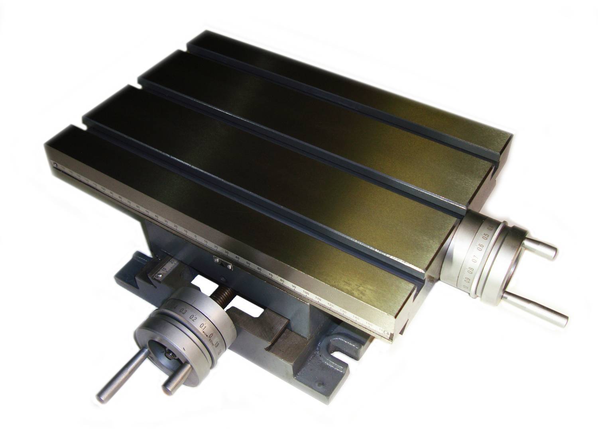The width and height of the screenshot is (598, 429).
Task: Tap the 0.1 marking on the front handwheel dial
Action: (x=204, y=326)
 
